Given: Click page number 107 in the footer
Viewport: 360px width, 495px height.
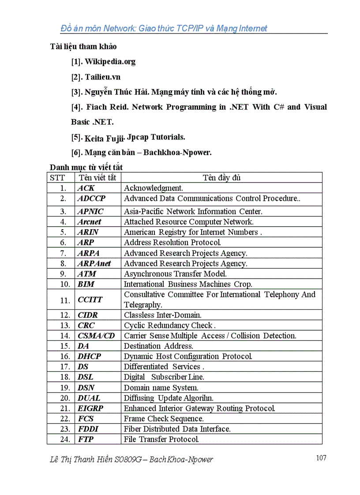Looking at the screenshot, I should click(x=321, y=458).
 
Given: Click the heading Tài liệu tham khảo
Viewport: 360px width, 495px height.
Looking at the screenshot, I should click(x=83, y=46).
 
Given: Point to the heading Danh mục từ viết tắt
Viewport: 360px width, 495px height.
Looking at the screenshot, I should click(x=86, y=167).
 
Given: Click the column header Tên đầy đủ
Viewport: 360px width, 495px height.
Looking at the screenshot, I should click(x=221, y=178).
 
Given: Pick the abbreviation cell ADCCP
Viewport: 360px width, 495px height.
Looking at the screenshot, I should click(x=91, y=199).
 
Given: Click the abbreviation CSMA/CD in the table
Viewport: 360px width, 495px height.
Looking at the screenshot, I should click(x=96, y=336).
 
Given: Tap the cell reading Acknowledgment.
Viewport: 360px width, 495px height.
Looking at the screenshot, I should click(x=153, y=188).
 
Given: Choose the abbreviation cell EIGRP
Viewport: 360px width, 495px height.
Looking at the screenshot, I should click(x=90, y=409).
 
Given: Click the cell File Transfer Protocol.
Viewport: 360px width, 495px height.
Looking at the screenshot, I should click(x=161, y=439).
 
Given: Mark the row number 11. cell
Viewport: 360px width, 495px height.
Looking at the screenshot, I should click(x=65, y=300).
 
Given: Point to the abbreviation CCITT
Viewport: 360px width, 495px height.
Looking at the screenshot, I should click(x=90, y=300).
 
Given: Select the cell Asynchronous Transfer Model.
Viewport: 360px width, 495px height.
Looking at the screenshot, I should click(x=175, y=274).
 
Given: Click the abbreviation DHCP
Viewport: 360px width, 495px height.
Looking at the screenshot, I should click(x=89, y=357).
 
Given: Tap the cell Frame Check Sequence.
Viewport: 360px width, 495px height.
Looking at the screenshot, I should click(x=163, y=419).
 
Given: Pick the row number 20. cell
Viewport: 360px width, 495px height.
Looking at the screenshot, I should click(x=65, y=398).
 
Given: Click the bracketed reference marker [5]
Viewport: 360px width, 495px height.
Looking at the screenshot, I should click(x=77, y=138).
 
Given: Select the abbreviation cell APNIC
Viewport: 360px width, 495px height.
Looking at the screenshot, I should click(x=90, y=212).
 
